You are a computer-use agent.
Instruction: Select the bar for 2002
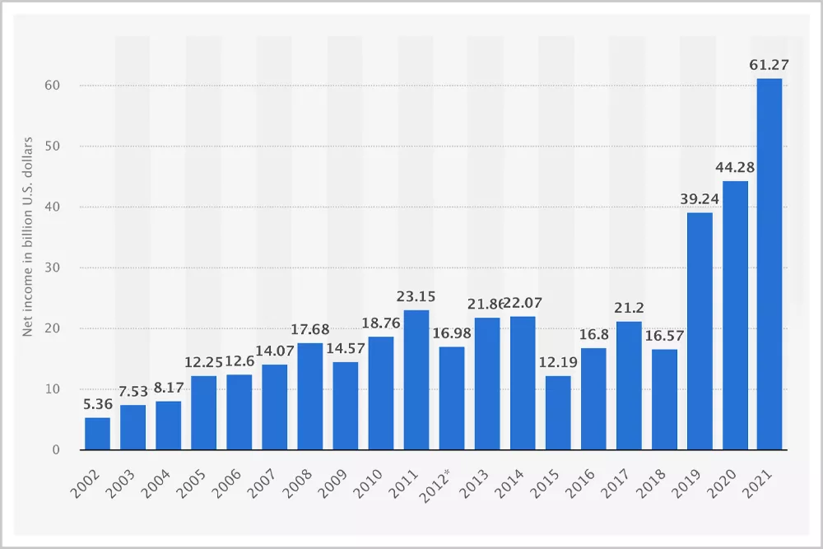tap(97, 433)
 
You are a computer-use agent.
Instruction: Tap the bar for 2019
tap(699, 331)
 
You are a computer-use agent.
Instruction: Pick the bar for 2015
tap(558, 412)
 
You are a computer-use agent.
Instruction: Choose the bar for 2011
tap(416, 379)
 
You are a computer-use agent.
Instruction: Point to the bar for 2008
tap(309, 396)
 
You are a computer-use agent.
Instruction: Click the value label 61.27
tap(770, 64)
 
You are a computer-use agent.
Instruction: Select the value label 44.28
tap(734, 167)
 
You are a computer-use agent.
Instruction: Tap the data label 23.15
tap(416, 295)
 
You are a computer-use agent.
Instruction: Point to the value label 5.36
tap(97, 403)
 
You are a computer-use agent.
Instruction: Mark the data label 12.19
tap(558, 362)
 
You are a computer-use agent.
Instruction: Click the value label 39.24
tap(699, 198)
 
